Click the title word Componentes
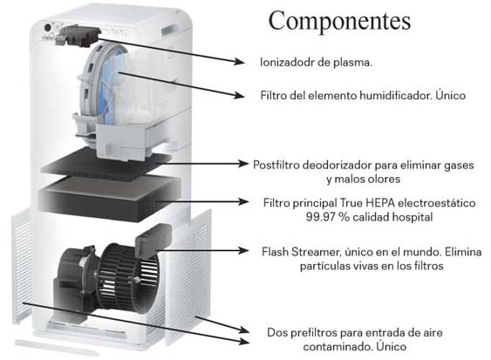(339, 21)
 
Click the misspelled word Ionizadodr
(288, 62)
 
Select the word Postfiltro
(276, 165)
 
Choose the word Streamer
(316, 252)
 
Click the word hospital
(413, 217)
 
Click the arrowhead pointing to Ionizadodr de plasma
(240, 61)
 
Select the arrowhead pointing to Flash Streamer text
(243, 250)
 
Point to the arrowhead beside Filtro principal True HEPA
(243, 201)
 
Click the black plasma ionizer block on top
(78, 36)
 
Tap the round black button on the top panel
(48, 28)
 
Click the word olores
(384, 179)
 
